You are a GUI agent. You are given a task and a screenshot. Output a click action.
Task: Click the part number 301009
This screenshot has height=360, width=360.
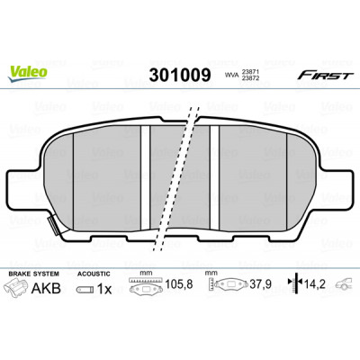180,76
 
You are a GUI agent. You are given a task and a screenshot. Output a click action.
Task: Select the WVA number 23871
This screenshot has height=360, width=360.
250,73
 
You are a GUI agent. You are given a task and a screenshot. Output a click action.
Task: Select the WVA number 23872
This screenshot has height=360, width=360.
250,78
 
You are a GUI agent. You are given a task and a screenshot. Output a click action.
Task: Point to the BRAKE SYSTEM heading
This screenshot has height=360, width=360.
33,274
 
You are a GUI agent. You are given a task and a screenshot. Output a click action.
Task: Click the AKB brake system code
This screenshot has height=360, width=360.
46,289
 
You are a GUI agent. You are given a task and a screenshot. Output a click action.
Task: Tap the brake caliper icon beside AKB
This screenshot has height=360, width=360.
16,288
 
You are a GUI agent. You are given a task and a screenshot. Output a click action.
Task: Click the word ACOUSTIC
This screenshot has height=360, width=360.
94,274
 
